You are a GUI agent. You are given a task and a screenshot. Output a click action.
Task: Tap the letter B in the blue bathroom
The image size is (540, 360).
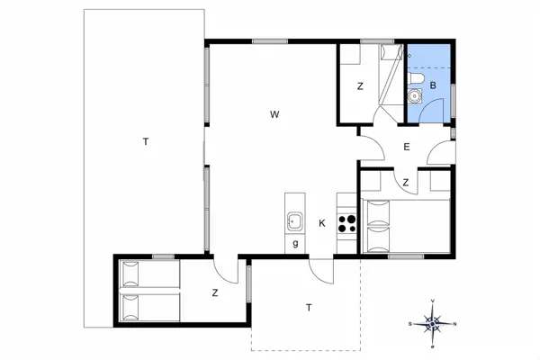(433, 85)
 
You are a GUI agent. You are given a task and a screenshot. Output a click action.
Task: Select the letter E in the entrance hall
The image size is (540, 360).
(407, 147)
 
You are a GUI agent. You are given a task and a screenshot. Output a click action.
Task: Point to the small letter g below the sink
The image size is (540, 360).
(294, 243)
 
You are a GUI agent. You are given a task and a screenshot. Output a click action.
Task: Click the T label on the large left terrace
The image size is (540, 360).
(144, 141)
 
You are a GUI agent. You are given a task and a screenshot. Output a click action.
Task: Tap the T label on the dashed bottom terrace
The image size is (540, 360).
(309, 308)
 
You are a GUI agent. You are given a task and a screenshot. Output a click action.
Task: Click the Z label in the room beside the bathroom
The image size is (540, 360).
(359, 86)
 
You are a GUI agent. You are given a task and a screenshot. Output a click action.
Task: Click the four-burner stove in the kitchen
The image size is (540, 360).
(347, 221)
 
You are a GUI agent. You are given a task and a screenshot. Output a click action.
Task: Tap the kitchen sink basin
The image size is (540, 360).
(294, 221)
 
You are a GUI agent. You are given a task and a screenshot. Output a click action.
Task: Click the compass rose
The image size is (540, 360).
(433, 323)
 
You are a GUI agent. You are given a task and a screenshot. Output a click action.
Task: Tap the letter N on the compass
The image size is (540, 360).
(454, 323)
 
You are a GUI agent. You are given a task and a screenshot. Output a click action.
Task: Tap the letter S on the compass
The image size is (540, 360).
(410, 323)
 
